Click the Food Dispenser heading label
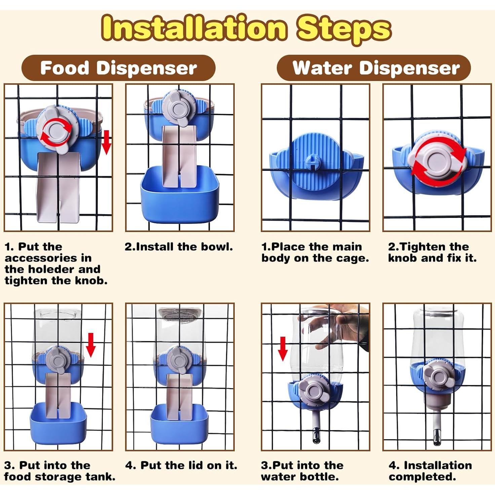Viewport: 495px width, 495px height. [118, 68]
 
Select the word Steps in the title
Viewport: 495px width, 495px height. [344, 30]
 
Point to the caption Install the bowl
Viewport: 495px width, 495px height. [179, 247]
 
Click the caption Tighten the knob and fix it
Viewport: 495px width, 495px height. [432, 253]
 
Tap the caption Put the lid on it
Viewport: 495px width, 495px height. [181, 465]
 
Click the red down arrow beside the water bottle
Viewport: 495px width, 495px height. [283, 349]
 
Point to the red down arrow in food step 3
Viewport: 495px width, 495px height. [91, 345]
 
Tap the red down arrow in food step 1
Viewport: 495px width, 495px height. [106, 142]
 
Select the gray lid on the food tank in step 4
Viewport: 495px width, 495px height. [180, 313]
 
